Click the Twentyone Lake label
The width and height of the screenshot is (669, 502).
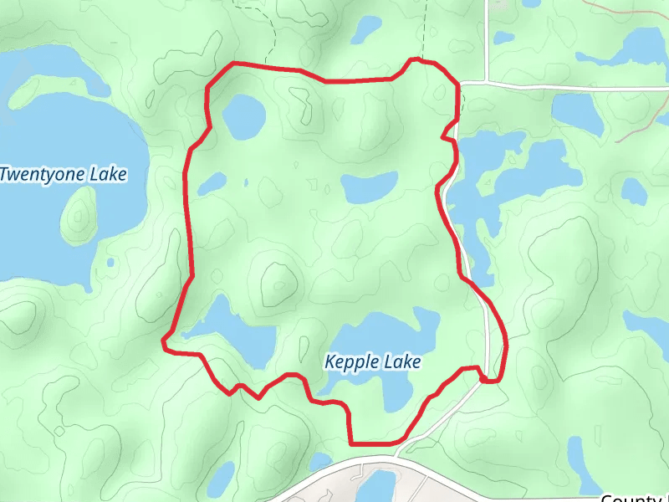(64, 175)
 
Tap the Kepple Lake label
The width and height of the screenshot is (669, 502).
(372, 362)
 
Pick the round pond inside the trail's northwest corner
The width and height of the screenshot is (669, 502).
(243, 116)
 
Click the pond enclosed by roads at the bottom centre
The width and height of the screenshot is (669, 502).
(380, 486)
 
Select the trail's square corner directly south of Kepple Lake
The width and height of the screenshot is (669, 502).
(350, 441)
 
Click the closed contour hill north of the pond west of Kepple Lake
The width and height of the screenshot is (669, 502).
(277, 284)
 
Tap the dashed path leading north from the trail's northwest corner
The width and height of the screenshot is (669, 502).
(273, 33)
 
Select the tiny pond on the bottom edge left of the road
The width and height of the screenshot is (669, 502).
(221, 481)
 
